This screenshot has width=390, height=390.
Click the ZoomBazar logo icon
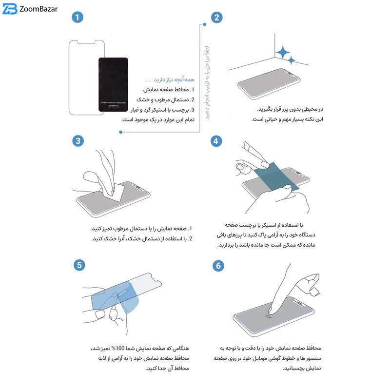pyautogui.click(x=10, y=10)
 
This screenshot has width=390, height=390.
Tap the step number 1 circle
pyautogui.click(x=78, y=18)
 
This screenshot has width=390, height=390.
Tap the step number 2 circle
pyautogui.click(x=217, y=18)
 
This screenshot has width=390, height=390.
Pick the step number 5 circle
pyautogui.click(x=78, y=265)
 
